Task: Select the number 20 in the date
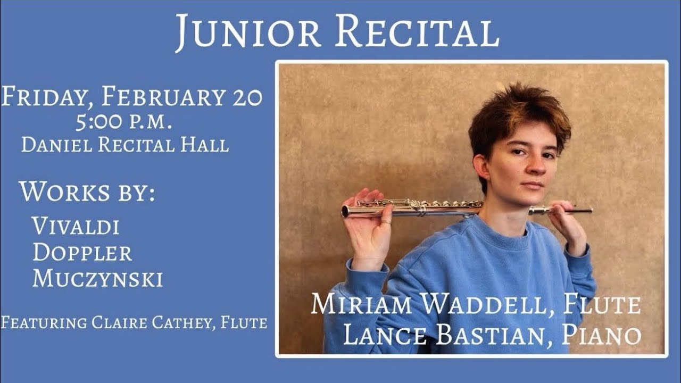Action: (247, 97)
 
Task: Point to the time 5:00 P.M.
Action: (123, 123)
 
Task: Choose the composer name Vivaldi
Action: (76, 226)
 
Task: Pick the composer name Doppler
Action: (82, 253)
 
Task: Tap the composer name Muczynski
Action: (97, 279)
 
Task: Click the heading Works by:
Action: (87, 192)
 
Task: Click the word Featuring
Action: (44, 322)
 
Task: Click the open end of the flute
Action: (345, 211)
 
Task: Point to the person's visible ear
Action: (481, 166)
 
